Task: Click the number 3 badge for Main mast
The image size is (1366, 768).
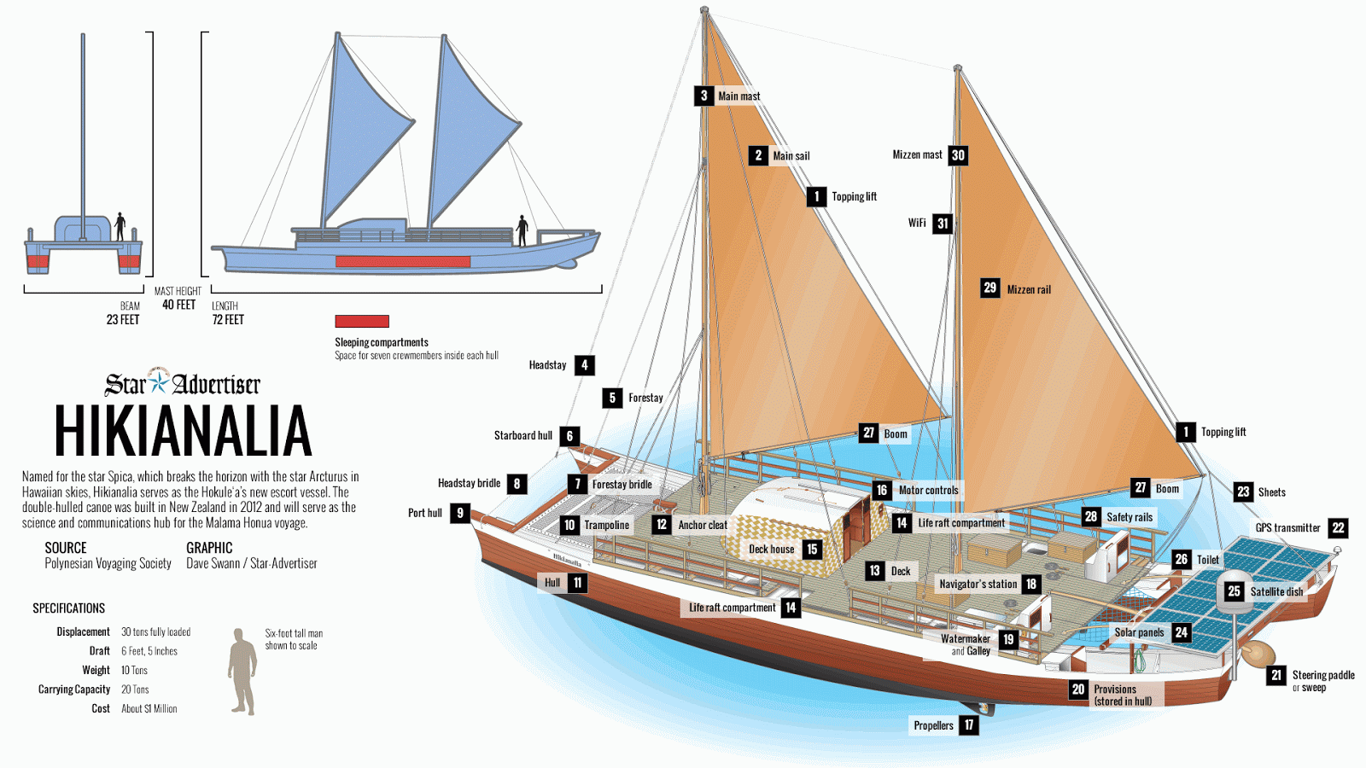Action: click(703, 96)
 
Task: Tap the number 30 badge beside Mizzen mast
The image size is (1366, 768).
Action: click(958, 155)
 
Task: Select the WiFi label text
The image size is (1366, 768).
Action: click(917, 223)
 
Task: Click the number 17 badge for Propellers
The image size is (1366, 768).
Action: click(968, 725)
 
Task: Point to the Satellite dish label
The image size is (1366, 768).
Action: click(1276, 592)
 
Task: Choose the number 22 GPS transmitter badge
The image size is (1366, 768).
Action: click(1338, 528)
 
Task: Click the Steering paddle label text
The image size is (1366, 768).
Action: click(1323, 675)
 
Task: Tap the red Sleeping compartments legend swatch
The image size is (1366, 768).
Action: click(362, 321)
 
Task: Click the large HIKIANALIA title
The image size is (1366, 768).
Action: click(183, 431)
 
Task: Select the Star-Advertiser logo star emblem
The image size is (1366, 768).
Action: click(159, 382)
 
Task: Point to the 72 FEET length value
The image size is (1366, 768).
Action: click(228, 320)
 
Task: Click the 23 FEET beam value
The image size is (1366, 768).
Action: click(123, 320)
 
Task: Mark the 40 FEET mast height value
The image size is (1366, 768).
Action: click(178, 305)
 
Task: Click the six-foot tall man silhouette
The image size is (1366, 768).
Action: click(242, 672)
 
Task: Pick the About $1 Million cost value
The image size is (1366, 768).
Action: click(149, 709)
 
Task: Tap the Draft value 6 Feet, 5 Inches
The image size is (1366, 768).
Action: click(149, 652)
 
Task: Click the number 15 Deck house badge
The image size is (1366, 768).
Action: click(812, 550)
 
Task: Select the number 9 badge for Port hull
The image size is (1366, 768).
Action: click(460, 513)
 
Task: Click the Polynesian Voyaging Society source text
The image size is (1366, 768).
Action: click(108, 564)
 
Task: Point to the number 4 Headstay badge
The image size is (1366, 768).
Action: click(584, 365)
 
